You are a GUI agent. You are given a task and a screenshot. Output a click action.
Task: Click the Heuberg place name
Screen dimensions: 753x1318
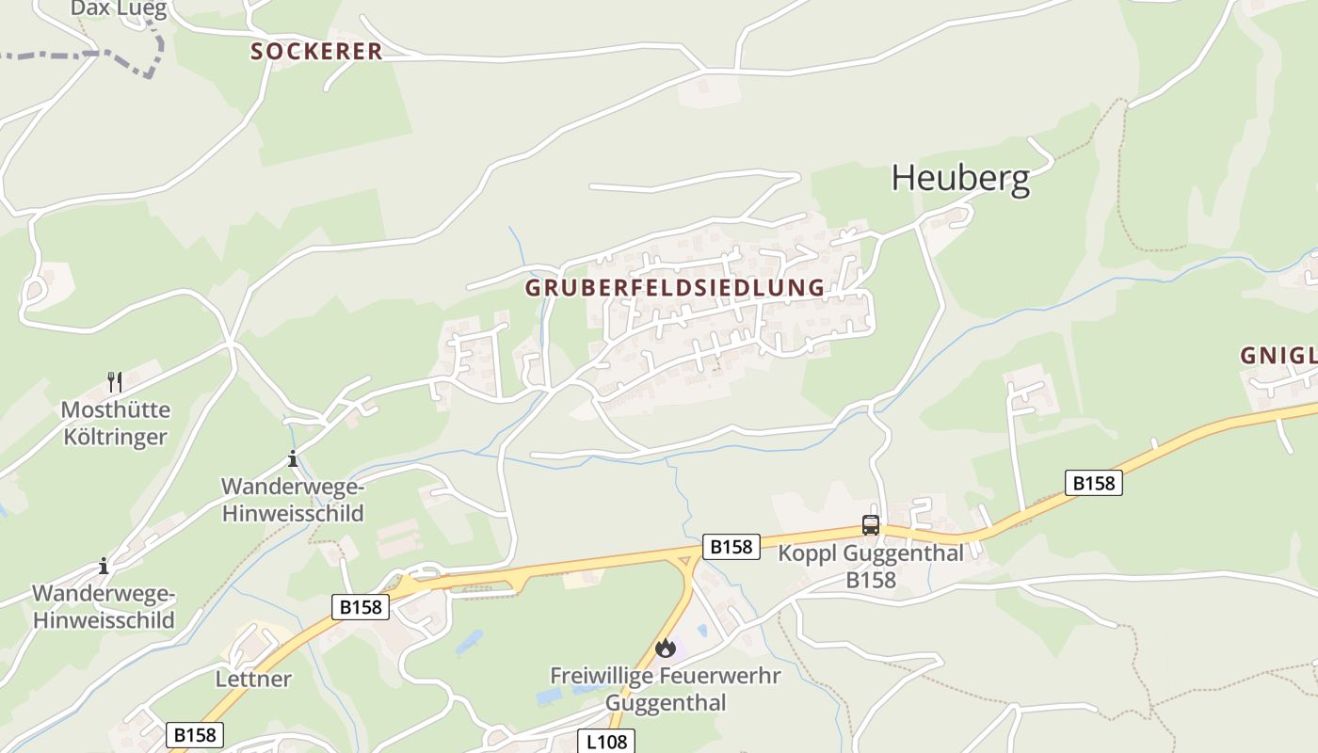click(960, 178)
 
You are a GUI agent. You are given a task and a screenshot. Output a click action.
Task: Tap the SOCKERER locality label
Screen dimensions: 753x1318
click(316, 52)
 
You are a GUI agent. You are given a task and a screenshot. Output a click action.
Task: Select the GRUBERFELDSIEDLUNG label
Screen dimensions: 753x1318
click(675, 288)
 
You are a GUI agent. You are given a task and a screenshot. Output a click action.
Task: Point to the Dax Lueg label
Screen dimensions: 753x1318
click(119, 9)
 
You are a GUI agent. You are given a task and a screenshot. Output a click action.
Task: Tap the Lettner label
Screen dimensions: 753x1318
click(253, 679)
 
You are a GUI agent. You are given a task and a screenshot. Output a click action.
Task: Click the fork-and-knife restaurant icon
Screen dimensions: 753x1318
click(115, 381)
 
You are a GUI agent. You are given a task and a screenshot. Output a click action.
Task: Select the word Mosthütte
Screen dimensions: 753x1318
click(116, 410)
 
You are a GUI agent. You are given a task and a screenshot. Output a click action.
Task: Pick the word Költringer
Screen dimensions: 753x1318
click(116, 437)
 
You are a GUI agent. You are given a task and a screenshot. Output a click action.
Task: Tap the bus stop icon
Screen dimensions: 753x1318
click(871, 525)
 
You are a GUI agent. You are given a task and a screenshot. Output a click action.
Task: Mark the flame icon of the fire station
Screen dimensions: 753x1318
click(666, 648)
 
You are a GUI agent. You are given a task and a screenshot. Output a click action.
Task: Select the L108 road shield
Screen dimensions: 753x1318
click(606, 742)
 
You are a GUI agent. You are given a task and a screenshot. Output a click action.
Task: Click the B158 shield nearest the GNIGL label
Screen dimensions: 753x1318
click(1094, 483)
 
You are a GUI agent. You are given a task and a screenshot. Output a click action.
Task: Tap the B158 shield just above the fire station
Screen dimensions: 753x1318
click(731, 547)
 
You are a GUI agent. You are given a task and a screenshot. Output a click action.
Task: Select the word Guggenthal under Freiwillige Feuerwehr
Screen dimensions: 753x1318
click(666, 702)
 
